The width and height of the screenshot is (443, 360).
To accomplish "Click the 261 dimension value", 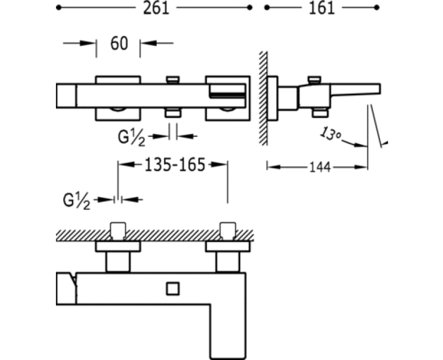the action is tap(156, 8).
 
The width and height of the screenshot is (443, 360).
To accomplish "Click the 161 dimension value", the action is tap(322, 8).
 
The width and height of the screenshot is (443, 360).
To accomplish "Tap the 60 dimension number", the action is tap(119, 44).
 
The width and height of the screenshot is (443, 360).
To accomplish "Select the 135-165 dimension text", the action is tap(174, 164).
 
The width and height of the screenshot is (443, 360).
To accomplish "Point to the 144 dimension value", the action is tap(321, 167).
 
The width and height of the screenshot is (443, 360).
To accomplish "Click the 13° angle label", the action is tap(330, 133).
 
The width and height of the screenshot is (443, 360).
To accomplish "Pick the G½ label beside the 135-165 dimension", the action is tap(77, 202).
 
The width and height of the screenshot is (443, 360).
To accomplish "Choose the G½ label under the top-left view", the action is tap(132, 137).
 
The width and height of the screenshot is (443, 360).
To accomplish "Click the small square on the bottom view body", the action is tap(173, 289).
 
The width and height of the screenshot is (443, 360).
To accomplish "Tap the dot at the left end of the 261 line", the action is tap(59, 8).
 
